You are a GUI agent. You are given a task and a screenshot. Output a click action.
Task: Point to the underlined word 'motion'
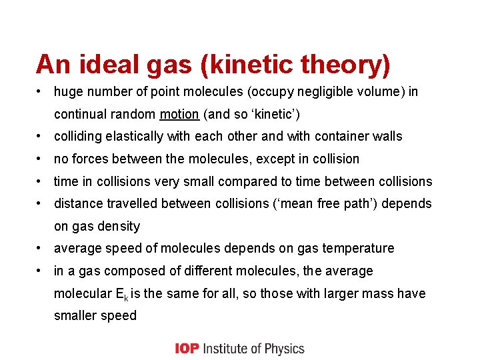click(179, 114)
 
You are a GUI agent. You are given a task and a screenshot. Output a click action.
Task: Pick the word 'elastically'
click(130, 137)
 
